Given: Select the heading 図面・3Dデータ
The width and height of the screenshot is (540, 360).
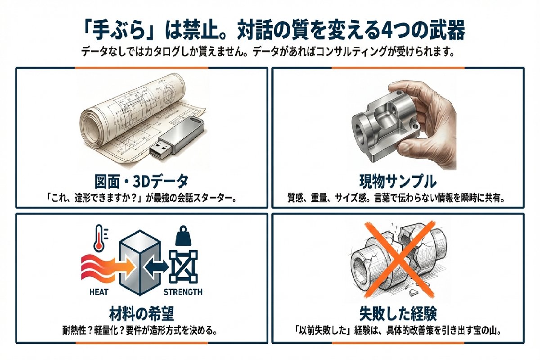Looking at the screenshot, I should (x=142, y=182).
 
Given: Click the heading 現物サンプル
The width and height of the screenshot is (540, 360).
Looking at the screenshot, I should (x=398, y=182).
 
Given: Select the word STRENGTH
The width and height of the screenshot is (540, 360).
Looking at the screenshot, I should (x=183, y=292).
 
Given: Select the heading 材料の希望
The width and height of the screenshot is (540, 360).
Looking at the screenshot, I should (x=142, y=313).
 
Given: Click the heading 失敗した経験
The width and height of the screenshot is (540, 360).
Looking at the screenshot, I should (x=398, y=313).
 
